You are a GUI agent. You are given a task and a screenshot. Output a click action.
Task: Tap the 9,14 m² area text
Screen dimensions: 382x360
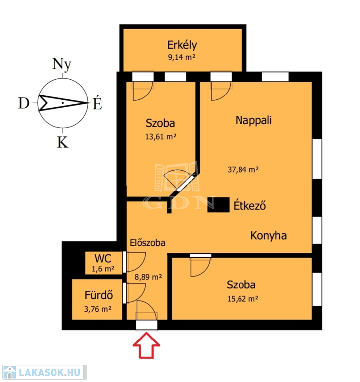click(181, 57)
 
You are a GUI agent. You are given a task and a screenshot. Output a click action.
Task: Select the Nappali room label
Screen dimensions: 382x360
click(253, 120)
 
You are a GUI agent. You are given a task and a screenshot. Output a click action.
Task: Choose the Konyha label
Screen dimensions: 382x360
click(269, 235)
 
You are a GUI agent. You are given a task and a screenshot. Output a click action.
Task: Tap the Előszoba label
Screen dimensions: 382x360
click(147, 243)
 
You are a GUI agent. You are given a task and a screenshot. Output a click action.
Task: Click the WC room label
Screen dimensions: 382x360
click(103, 259)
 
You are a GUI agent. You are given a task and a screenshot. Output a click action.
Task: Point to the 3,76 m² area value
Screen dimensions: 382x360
click(98, 309)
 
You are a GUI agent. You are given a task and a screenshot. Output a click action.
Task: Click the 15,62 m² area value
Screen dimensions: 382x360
click(242, 299)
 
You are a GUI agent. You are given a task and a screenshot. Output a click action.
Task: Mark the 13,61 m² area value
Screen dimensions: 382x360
click(160, 137)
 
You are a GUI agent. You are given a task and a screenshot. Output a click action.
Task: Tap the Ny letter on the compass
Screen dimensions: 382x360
click(62, 64)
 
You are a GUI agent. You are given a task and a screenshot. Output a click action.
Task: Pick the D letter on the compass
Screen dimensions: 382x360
click(24, 103)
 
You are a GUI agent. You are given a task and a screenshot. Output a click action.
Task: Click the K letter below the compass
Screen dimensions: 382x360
click(62, 143)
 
